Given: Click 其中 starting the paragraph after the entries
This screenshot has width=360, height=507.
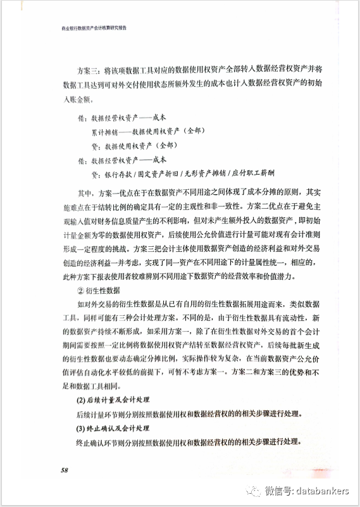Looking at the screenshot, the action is point(83,192).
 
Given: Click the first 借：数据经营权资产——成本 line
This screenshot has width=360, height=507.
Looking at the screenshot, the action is point(124,118).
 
